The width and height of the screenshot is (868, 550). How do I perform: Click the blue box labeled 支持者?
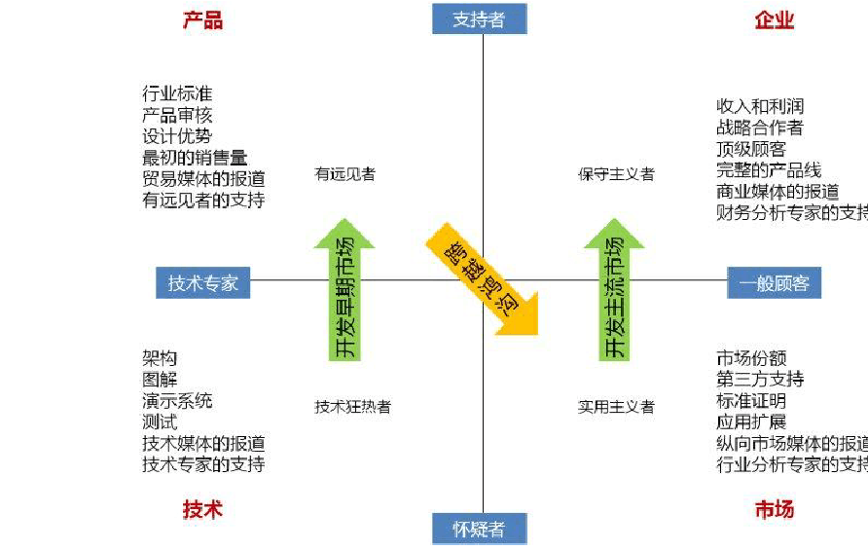(479, 18)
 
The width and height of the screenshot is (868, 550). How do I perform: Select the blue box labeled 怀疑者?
(479, 529)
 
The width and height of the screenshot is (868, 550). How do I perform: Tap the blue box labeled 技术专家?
(202, 282)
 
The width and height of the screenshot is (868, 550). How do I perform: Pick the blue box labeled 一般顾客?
(774, 282)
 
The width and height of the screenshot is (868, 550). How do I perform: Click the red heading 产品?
(202, 20)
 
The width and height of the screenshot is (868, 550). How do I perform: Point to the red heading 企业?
(774, 20)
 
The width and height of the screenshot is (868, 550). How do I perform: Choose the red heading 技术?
(202, 509)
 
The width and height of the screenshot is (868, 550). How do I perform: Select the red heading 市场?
(774, 509)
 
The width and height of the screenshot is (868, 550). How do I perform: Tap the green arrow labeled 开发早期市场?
(344, 292)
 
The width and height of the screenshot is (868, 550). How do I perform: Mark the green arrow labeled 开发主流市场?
(613, 292)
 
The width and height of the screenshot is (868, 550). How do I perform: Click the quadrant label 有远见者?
(344, 174)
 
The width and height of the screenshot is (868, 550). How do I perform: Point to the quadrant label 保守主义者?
(616, 174)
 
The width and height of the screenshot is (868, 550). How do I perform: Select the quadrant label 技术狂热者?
(352, 407)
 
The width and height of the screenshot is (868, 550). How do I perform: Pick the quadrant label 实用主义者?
(616, 407)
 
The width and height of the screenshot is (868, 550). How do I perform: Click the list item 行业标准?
(177, 93)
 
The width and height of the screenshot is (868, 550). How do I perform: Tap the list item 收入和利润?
(760, 105)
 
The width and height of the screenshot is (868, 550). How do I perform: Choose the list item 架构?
(160, 358)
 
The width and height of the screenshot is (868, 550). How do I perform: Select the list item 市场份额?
(751, 358)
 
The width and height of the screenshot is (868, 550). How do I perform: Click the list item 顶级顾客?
(751, 148)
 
